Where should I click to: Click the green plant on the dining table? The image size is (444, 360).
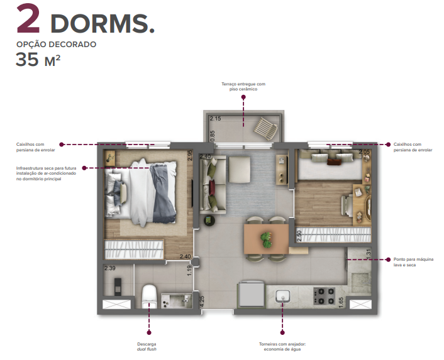click(266, 238)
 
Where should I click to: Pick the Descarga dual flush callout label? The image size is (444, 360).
click(147, 346)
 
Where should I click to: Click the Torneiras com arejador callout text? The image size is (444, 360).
click(283, 346)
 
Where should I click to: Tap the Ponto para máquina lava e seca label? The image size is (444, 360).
click(412, 261)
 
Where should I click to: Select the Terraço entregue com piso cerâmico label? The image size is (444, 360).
click(243, 87)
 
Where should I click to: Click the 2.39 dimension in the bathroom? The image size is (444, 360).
click(110, 268)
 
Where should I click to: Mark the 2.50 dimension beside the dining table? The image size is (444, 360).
click(299, 237)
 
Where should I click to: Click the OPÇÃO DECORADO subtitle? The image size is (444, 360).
click(56, 45)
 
